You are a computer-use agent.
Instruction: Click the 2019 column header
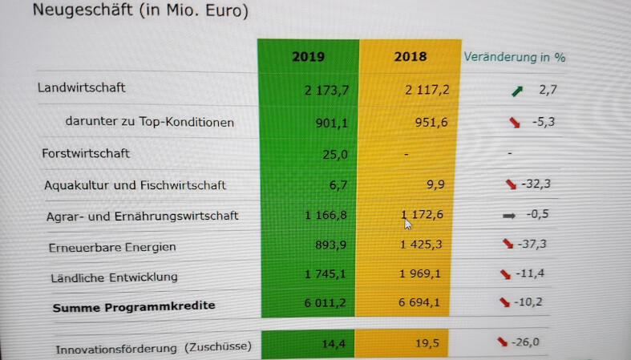(308, 57)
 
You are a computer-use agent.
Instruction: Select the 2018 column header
(411, 57)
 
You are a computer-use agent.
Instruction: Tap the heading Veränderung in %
(514, 57)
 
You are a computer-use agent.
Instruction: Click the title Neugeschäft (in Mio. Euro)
(140, 11)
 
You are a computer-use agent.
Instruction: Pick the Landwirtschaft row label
(81, 88)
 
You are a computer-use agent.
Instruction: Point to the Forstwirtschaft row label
(86, 152)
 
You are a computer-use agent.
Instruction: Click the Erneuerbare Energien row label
(111, 247)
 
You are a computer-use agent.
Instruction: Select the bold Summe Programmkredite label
(134, 305)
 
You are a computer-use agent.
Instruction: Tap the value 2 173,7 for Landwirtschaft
(326, 90)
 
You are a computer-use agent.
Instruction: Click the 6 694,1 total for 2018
(424, 303)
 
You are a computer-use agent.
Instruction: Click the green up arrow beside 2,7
(517, 91)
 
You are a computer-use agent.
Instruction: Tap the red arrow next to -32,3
(510, 184)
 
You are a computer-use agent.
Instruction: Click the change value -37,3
(536, 244)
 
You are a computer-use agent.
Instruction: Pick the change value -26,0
(527, 342)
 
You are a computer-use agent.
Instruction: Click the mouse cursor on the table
(408, 223)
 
